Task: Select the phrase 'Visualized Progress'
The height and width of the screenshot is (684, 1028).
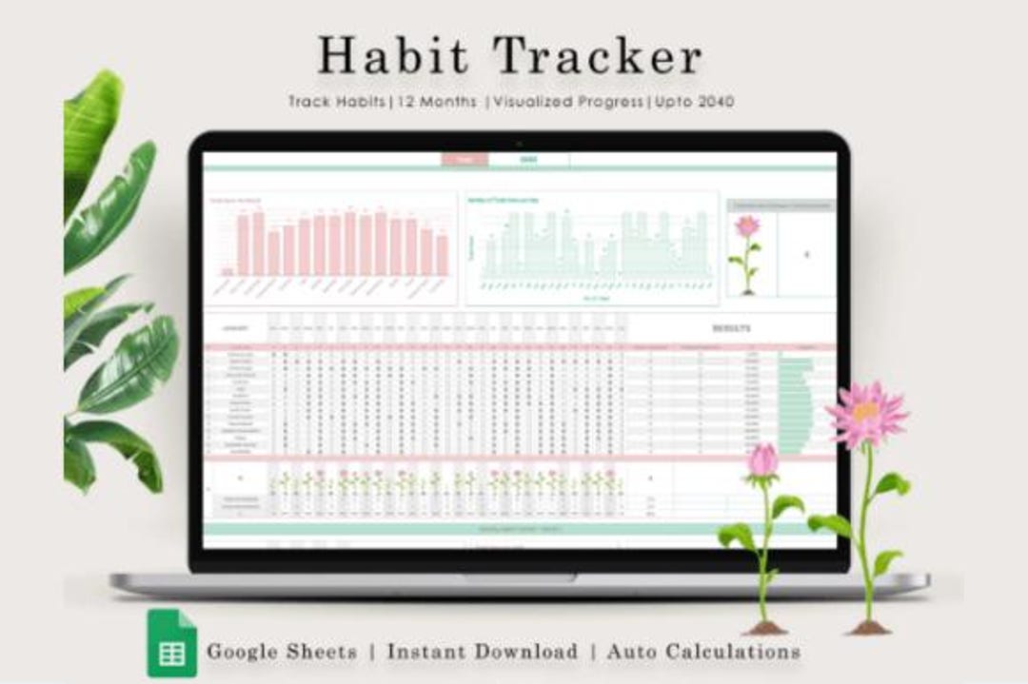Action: (565, 102)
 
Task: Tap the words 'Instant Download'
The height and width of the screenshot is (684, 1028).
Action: (482, 652)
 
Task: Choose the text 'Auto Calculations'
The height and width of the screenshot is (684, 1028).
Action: (703, 652)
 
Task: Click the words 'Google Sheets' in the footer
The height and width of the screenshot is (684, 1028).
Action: (282, 652)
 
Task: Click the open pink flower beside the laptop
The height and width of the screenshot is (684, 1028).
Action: (865, 415)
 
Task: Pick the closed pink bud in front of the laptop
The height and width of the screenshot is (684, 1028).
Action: (762, 461)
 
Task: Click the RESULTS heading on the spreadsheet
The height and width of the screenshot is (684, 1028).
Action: (732, 328)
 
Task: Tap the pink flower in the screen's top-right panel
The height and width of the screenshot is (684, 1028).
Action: (748, 227)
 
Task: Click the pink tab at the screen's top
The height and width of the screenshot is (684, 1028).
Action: (465, 160)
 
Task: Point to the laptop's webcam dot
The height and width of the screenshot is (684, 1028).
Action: (519, 143)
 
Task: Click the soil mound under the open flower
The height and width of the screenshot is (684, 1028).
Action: (869, 627)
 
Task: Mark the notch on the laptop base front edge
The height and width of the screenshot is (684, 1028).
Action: (519, 577)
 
